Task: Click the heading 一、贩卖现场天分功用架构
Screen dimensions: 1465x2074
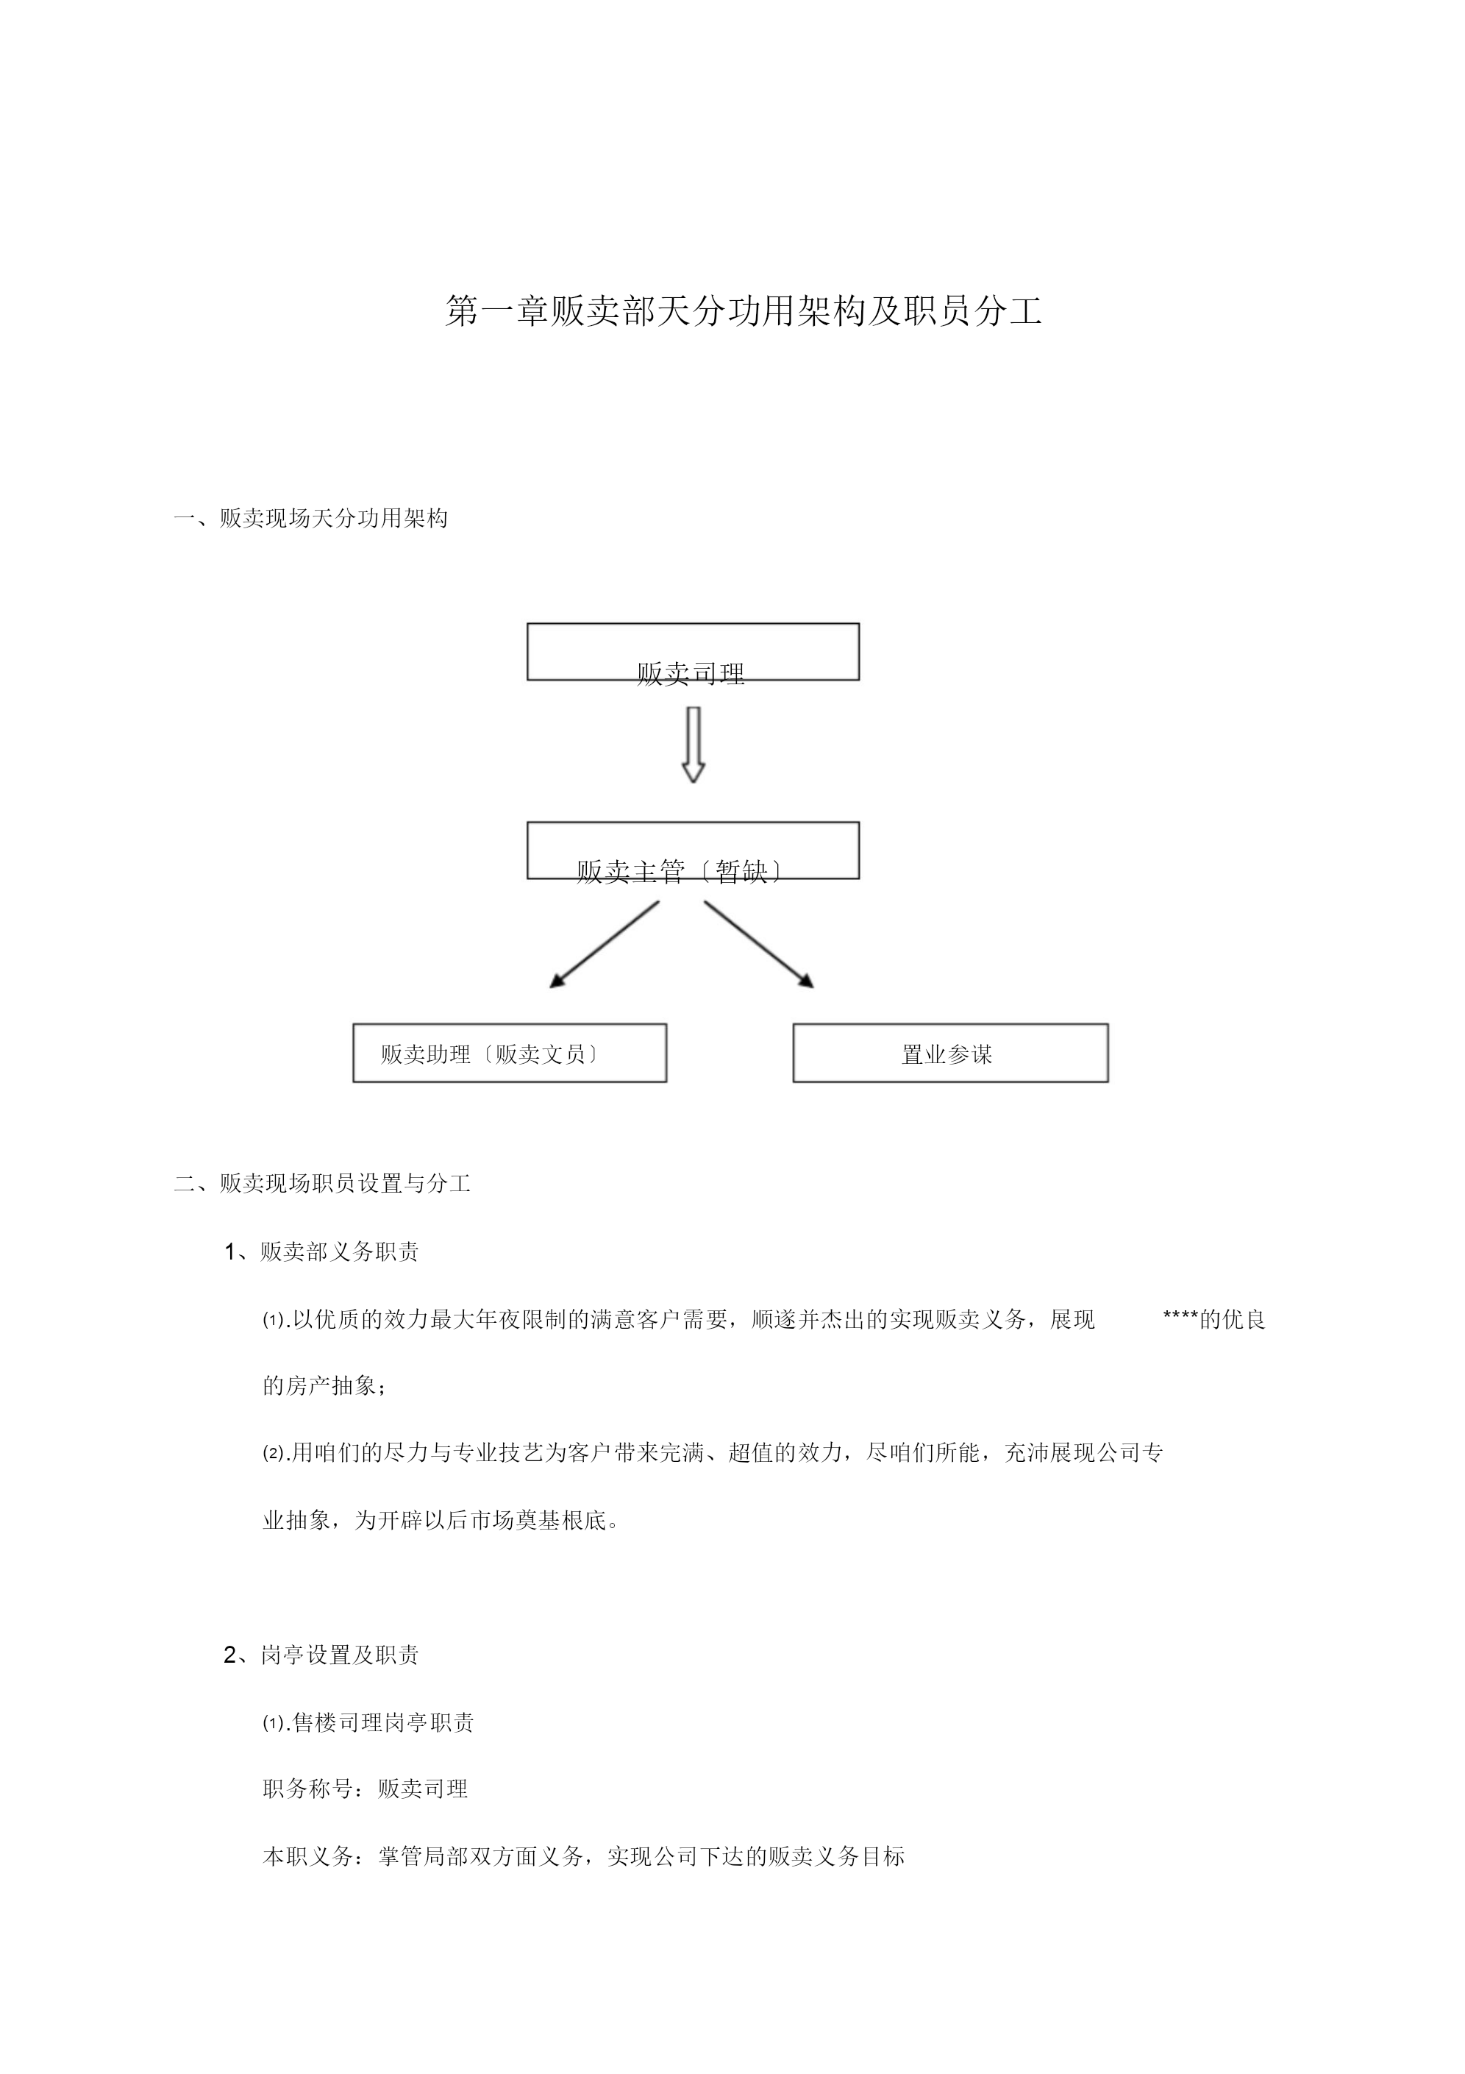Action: pyautogui.click(x=310, y=519)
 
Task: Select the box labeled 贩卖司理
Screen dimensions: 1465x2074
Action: pyautogui.click(x=693, y=651)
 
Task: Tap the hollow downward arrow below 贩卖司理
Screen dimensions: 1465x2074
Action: pyautogui.click(x=693, y=745)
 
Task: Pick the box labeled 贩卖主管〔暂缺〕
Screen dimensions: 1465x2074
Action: pyautogui.click(x=693, y=850)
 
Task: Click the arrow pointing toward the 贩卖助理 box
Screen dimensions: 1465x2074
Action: pyautogui.click(x=605, y=944)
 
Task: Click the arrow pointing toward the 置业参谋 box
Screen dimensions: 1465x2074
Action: pyautogui.click(x=760, y=944)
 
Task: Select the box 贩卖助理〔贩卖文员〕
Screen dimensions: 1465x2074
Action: pyautogui.click(x=510, y=1052)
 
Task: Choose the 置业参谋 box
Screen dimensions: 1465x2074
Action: pyautogui.click(x=950, y=1052)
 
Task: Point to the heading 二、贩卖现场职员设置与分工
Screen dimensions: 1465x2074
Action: pyautogui.click(x=322, y=1183)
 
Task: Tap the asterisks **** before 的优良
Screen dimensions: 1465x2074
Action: pyautogui.click(x=1180, y=1319)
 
